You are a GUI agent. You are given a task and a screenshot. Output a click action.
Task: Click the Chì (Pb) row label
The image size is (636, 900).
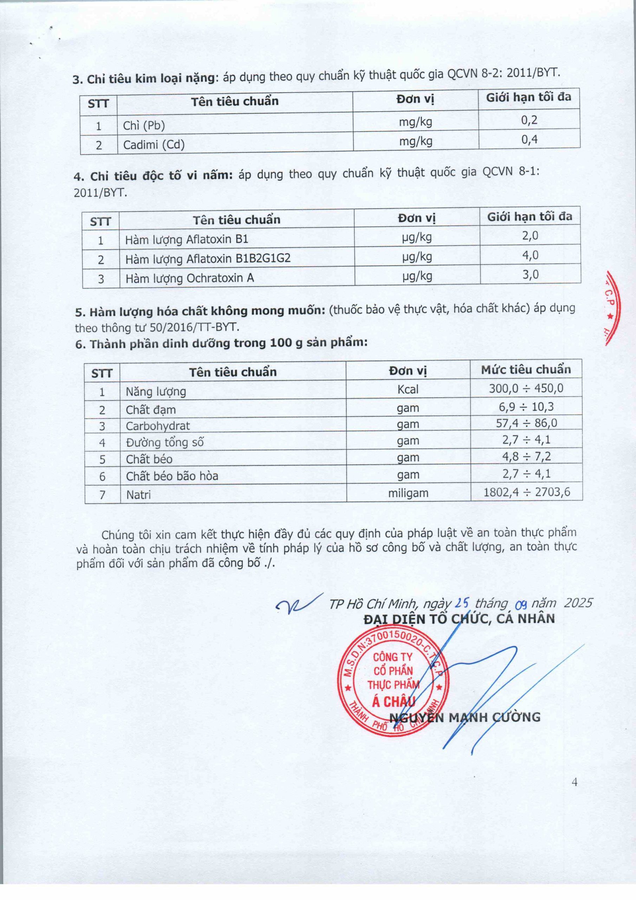click(144, 126)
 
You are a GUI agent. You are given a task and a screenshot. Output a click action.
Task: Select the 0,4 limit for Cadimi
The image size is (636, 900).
click(529, 140)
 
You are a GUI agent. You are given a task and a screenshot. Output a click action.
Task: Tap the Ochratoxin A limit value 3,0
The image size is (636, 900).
click(530, 274)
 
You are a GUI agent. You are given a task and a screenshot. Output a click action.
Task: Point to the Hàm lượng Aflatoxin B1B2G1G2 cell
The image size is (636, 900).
click(208, 259)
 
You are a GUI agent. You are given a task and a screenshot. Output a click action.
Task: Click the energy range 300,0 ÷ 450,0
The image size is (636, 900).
click(526, 388)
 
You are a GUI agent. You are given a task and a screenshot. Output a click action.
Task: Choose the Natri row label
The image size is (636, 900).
click(138, 495)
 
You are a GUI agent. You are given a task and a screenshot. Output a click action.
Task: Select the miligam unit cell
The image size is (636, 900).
click(408, 493)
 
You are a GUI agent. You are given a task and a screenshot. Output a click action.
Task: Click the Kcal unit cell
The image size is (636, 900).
click(408, 389)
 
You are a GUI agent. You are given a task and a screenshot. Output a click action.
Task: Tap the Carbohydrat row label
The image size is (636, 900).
click(157, 426)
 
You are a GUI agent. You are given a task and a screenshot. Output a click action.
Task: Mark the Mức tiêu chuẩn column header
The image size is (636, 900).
click(526, 369)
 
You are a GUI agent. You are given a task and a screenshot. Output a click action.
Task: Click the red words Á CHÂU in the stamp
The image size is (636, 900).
click(393, 701)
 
